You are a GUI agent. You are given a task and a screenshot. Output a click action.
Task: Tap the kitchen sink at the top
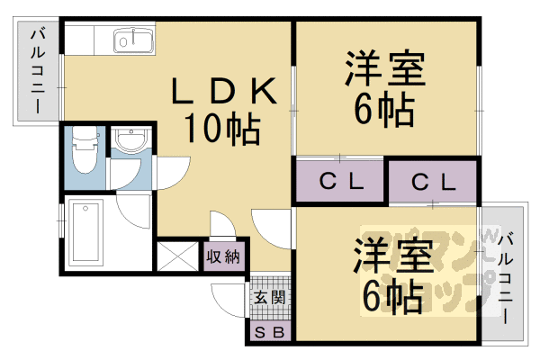(x=134, y=41)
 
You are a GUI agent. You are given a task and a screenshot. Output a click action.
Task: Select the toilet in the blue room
(x=85, y=149)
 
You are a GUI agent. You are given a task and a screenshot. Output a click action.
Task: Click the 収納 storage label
(x=223, y=256)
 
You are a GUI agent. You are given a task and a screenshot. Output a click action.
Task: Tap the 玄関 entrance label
(x=268, y=296)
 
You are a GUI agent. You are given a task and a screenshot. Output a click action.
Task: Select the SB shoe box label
(x=268, y=333)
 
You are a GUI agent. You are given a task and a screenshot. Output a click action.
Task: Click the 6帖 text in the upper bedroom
(x=385, y=111)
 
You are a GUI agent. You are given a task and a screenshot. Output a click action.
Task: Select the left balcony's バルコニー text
(x=38, y=71)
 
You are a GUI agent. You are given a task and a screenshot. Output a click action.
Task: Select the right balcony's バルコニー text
(x=507, y=279)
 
